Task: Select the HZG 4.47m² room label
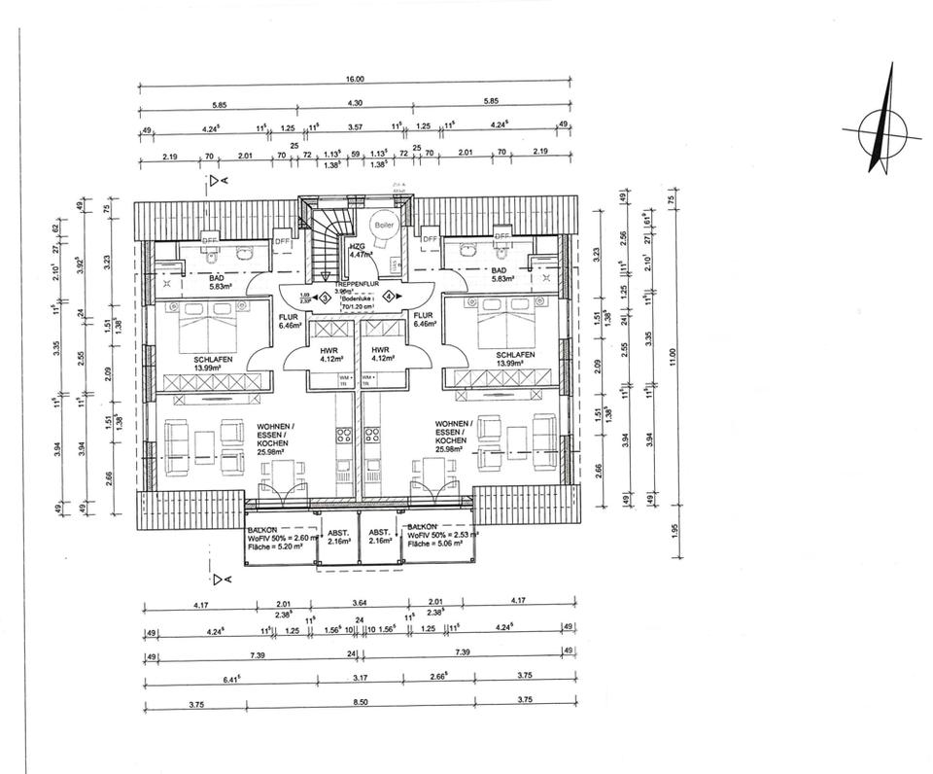click(360, 252)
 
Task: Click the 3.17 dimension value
click(360, 676)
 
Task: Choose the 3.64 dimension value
click(359, 606)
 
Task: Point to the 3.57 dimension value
click(355, 127)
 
